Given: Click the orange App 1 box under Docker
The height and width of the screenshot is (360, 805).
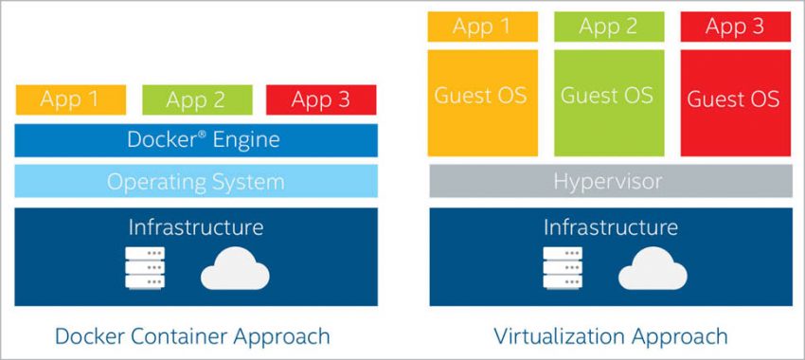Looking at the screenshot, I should tap(70, 99).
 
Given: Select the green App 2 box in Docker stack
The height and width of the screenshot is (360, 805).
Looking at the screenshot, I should tap(196, 99).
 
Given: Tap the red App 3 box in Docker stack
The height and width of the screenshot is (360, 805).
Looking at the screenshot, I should tap(321, 99).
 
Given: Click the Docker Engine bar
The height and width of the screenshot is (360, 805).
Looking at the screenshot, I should tap(196, 140).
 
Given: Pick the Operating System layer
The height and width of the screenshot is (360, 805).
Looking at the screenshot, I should tap(196, 181).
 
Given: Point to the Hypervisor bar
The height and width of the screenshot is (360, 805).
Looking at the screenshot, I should tap(611, 181).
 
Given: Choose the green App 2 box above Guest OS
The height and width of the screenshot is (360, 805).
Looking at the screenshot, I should tap(607, 27).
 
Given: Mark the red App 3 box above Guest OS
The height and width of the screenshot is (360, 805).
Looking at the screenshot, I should tap(735, 27).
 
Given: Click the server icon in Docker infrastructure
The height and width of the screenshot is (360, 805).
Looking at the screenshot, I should tap(144, 268).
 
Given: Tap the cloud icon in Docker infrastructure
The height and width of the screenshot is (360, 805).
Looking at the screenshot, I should tap(235, 270).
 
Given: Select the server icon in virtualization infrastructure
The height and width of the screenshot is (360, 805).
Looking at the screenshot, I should tap(562, 268).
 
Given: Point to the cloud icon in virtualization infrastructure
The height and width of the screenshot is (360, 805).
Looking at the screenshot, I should tap(653, 270).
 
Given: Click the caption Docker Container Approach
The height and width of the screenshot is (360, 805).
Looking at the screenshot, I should tap(193, 336).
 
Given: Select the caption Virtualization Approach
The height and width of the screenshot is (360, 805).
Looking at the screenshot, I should tap(611, 336).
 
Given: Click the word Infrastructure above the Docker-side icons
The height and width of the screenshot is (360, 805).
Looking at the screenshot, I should tap(196, 227).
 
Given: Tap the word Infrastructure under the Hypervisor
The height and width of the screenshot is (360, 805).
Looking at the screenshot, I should tap(611, 227).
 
